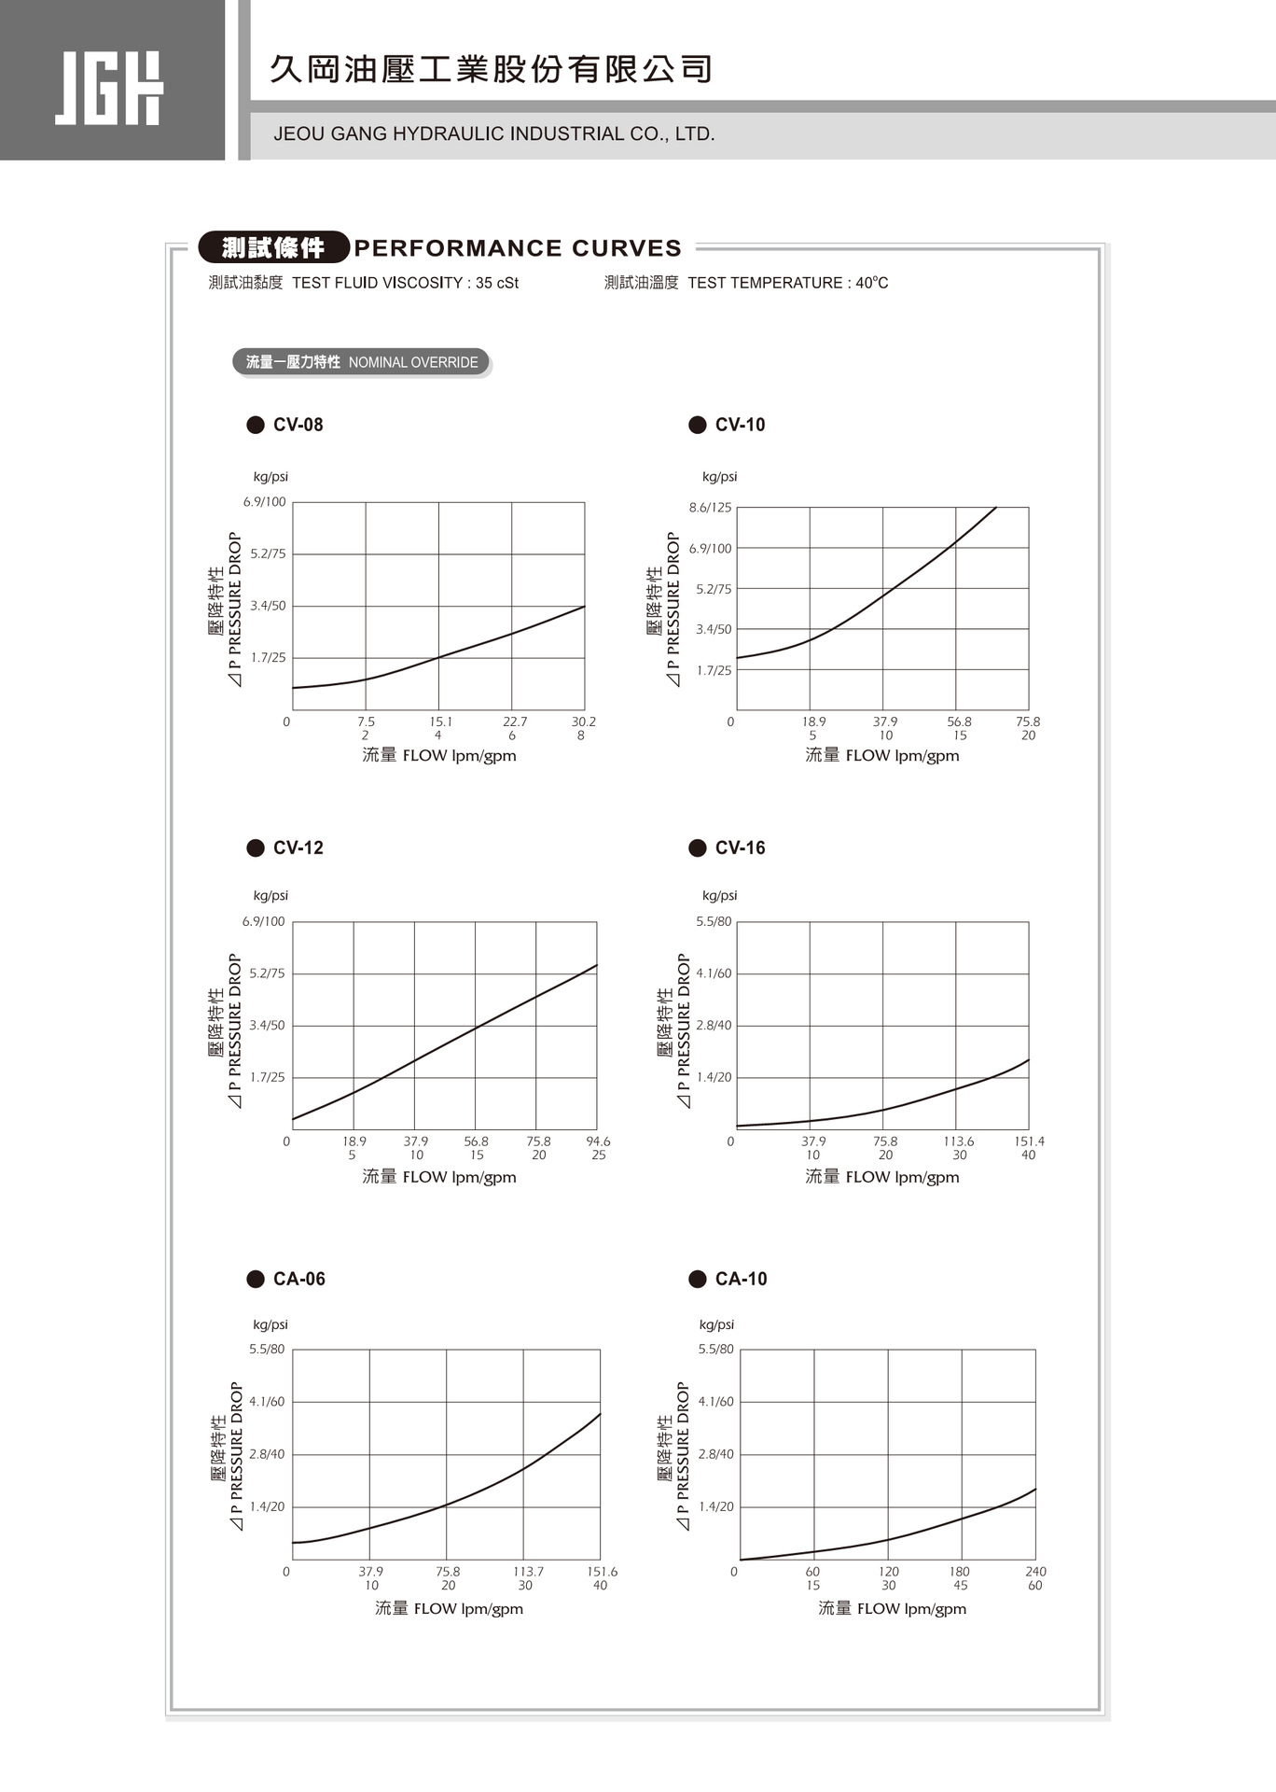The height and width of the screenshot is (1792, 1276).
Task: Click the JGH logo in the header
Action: click(x=109, y=88)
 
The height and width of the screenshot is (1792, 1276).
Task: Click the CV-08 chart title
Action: click(x=298, y=425)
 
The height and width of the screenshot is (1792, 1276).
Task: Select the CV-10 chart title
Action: click(x=740, y=425)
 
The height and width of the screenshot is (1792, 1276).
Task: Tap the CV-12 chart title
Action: click(x=298, y=847)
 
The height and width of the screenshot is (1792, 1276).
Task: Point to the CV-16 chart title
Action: click(x=740, y=847)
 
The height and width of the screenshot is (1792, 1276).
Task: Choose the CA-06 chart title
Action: click(x=298, y=1279)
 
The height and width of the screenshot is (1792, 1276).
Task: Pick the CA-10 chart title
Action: click(x=741, y=1279)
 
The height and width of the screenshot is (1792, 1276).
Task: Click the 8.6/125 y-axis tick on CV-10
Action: click(x=711, y=508)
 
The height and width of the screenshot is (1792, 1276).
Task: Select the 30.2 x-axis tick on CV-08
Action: click(x=584, y=721)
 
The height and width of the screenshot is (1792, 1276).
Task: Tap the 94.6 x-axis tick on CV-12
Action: click(x=598, y=1141)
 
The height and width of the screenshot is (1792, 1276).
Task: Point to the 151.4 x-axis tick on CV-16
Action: click(x=1030, y=1141)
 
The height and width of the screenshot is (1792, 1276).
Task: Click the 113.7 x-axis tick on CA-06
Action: click(x=528, y=1572)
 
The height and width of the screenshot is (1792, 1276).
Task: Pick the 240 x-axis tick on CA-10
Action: click(x=1035, y=1572)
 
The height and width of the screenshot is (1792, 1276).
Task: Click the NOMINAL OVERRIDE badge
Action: click(x=361, y=362)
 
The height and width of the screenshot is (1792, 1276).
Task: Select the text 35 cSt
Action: click(x=497, y=283)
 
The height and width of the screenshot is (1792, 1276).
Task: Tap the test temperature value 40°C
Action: click(x=872, y=283)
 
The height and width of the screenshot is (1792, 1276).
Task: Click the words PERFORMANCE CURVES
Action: click(x=518, y=248)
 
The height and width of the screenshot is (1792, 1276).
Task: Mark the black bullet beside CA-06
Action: click(x=256, y=1279)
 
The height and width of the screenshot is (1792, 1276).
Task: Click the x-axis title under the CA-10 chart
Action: click(x=893, y=1608)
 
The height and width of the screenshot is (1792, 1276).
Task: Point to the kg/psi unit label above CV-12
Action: click(x=270, y=895)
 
